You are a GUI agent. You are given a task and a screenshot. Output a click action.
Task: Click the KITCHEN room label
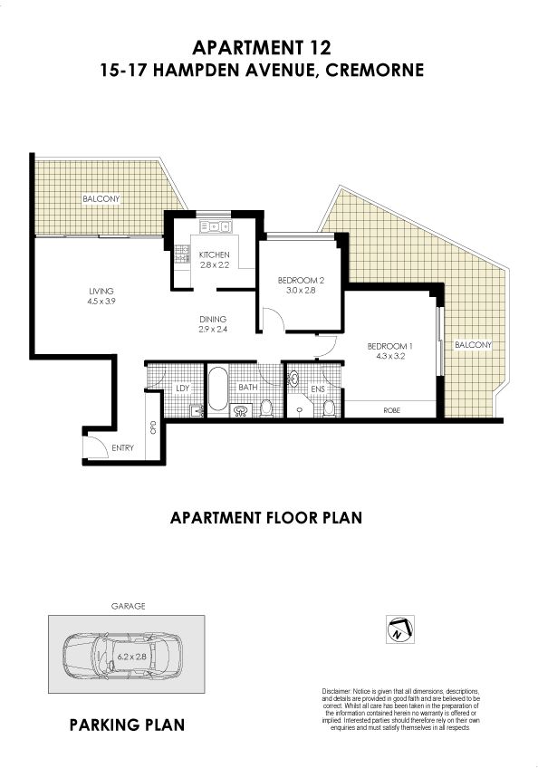tap(214, 254)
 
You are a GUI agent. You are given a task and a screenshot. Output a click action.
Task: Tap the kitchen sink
tap(215, 226)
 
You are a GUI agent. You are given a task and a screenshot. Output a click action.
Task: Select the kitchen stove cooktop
tap(182, 254)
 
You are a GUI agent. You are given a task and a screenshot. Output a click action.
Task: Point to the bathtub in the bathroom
tap(218, 389)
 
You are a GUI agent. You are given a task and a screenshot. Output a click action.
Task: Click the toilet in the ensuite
tap(329, 408)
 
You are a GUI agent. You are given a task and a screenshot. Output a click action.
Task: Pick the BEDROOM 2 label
tap(301, 281)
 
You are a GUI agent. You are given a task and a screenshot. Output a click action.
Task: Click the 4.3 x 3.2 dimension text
tap(390, 356)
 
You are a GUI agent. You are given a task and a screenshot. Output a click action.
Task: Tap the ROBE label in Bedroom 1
tap(391, 410)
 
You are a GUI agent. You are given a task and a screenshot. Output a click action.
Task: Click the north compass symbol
tap(399, 629)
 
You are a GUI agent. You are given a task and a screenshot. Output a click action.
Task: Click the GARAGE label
tap(128, 606)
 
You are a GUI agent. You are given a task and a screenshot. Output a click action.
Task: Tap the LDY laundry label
tap(183, 388)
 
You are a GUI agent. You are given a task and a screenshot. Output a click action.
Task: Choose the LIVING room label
tap(101, 291)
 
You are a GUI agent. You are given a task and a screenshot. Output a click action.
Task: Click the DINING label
tap(213, 320)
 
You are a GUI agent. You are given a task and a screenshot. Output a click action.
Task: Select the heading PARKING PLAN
tap(127, 725)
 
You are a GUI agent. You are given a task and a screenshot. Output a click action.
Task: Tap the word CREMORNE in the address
tap(375, 70)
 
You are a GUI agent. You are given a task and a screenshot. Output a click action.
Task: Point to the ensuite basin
tap(293, 379)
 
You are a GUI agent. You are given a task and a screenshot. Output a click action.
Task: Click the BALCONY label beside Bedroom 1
tap(473, 345)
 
